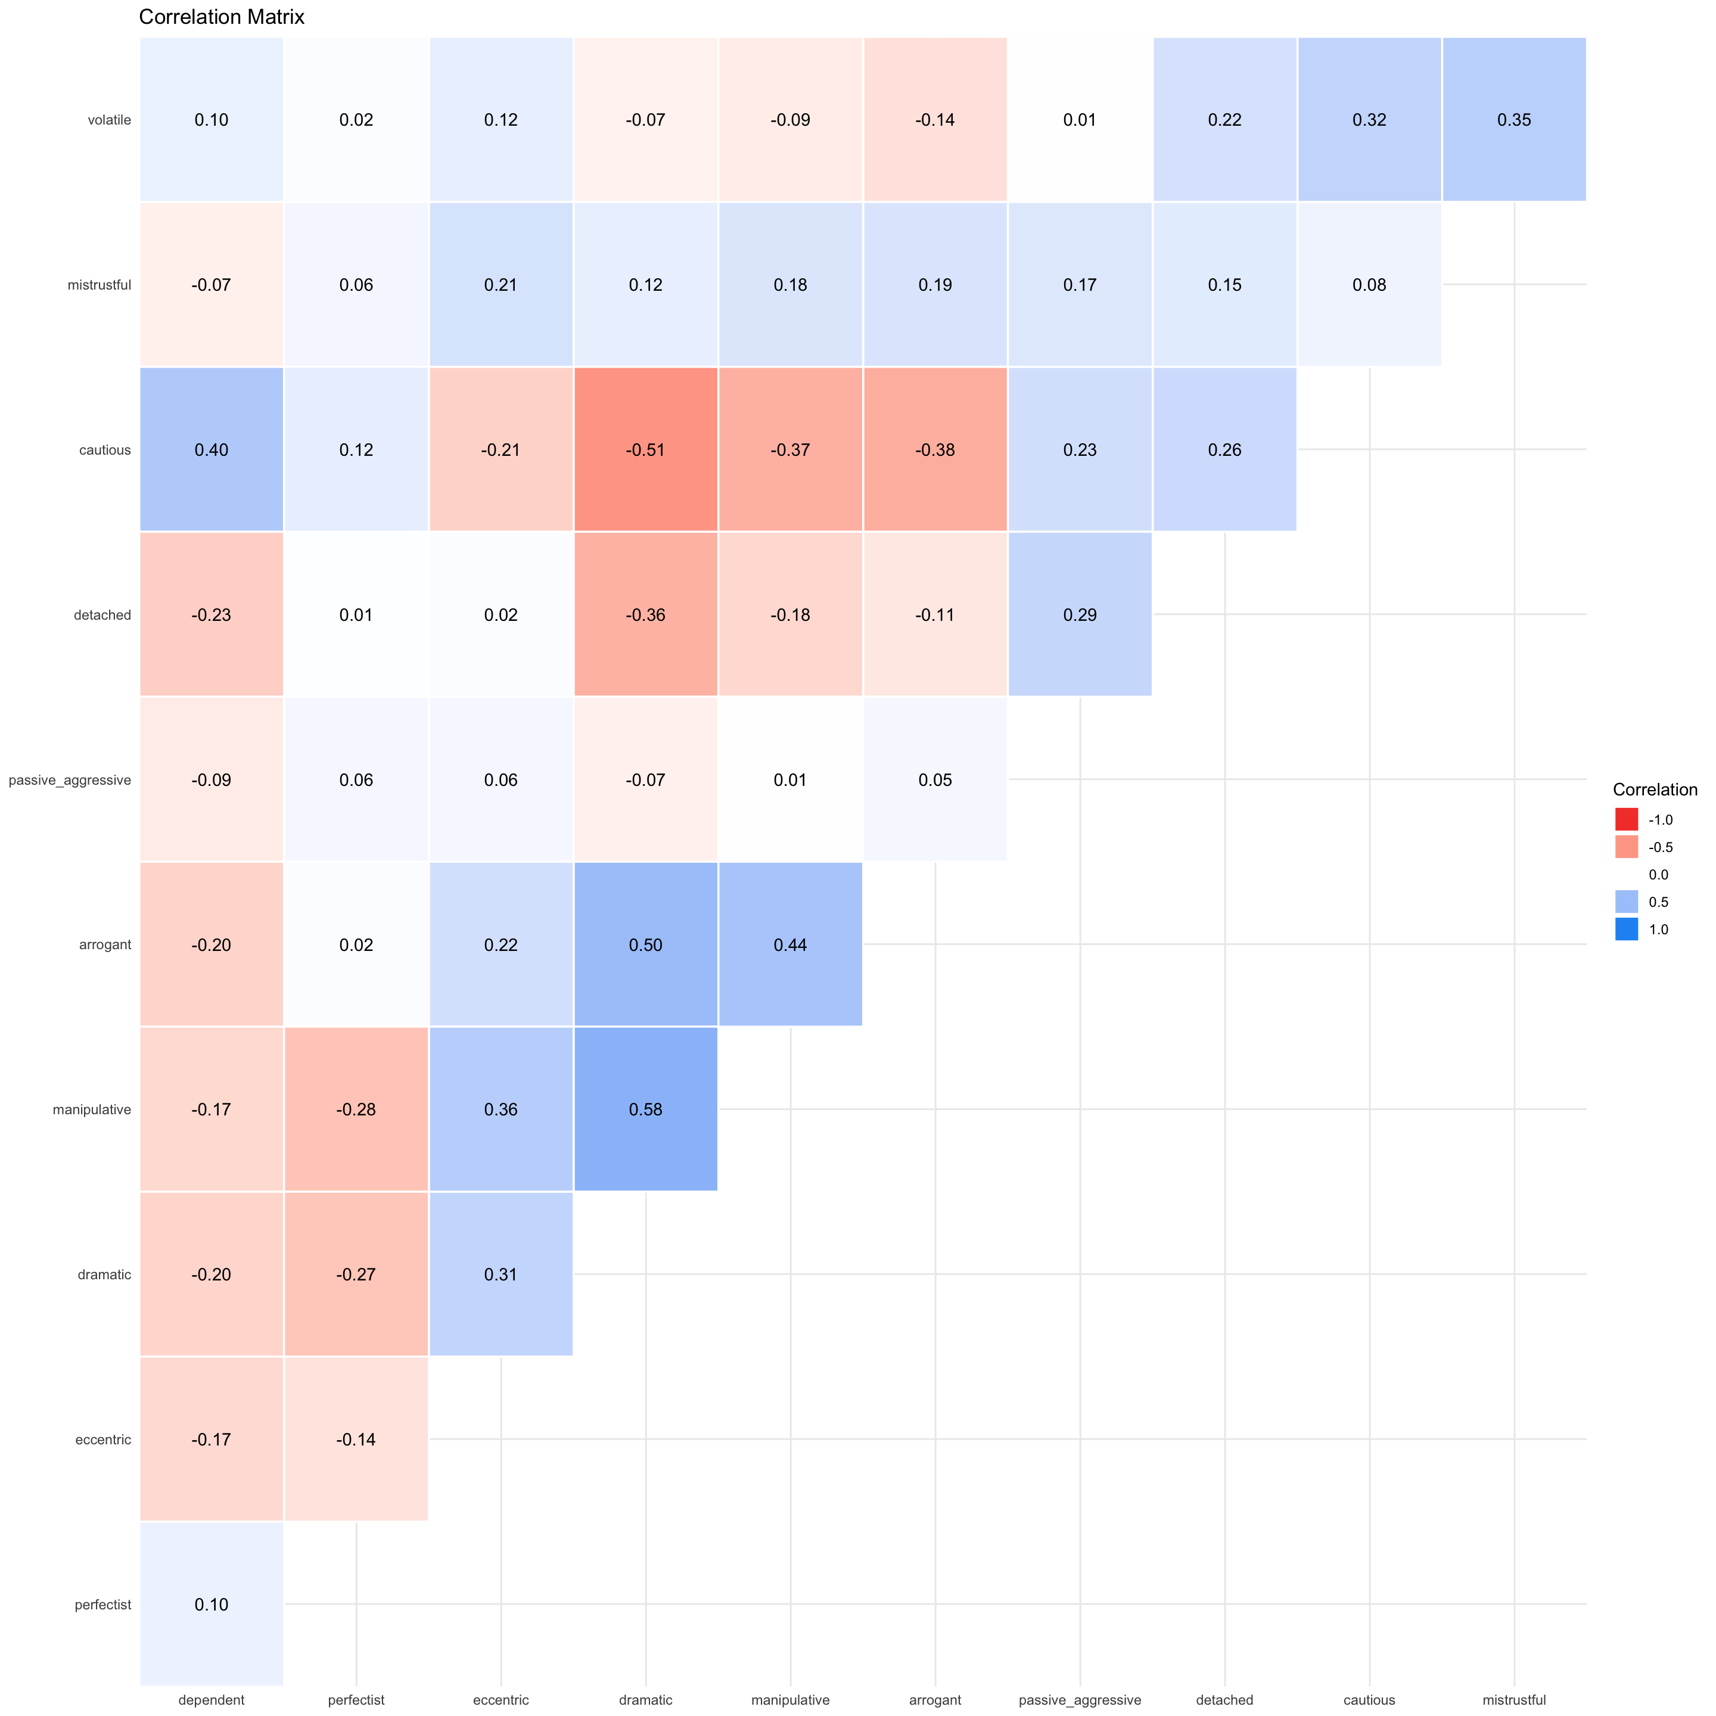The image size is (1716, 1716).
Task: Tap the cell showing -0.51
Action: pos(646,449)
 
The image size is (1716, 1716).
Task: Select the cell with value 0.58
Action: pos(646,1109)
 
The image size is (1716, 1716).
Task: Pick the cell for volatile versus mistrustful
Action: pos(1513,120)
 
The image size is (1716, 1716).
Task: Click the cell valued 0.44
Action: pos(791,944)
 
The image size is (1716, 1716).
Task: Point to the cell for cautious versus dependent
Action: pos(212,449)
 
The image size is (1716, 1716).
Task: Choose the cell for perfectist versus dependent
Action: pos(212,1604)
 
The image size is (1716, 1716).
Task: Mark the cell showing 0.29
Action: pos(1080,615)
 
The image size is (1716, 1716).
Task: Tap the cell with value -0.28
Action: pos(356,1109)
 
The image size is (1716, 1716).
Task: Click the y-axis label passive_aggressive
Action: pos(69,780)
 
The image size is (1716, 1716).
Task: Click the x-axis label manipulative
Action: pos(791,1700)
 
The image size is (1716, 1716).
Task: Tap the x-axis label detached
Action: pos(1225,1700)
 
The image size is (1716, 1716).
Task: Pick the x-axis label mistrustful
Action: pos(1513,1700)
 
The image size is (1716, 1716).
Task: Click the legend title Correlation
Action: pos(1655,789)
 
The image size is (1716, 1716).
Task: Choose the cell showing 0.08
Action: pos(1369,285)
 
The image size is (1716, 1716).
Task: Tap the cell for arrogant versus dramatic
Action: pos(646,944)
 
